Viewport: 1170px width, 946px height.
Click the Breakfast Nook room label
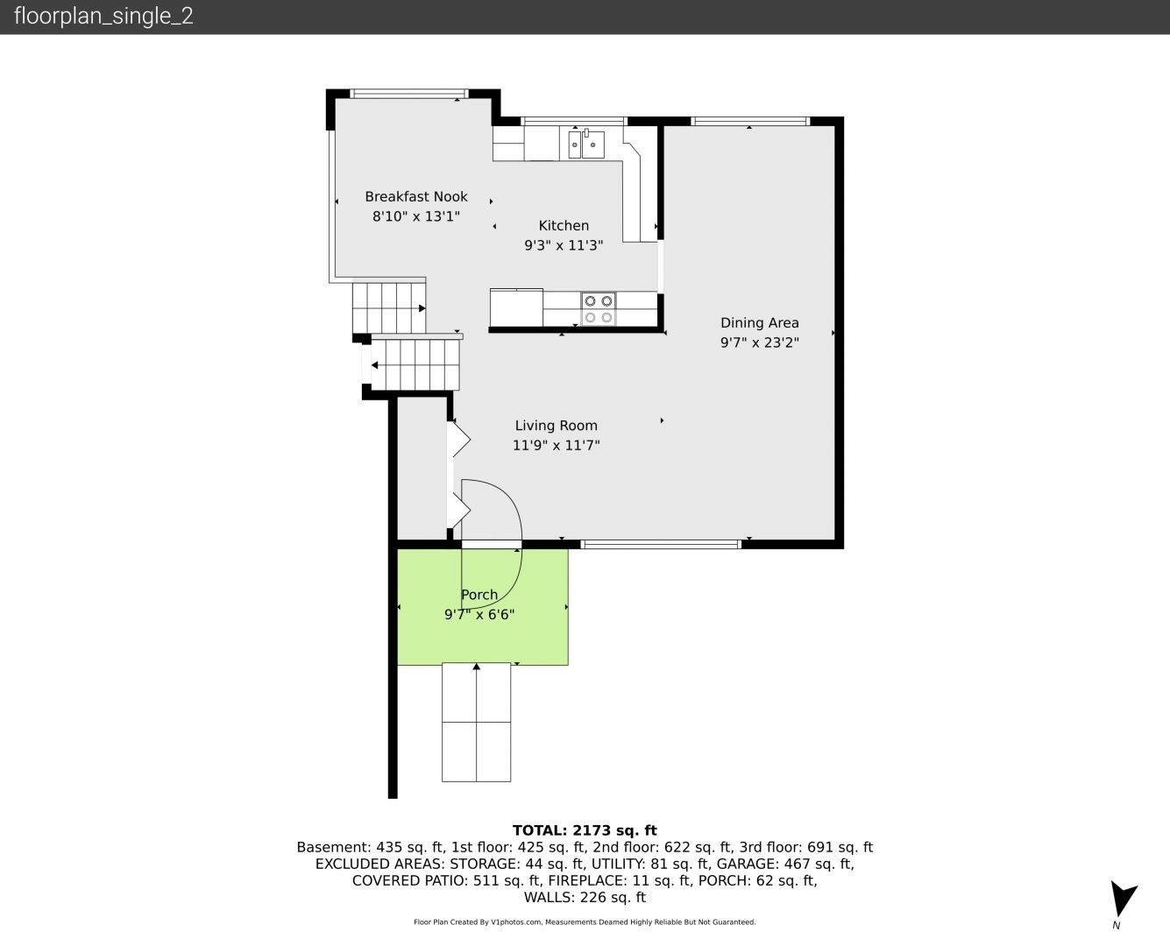[x=415, y=196]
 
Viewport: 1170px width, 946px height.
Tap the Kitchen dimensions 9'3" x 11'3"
[x=564, y=245]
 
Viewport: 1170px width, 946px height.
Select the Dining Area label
[x=759, y=323]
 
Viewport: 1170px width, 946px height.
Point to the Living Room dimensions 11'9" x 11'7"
[x=556, y=445]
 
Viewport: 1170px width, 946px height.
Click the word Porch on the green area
[x=479, y=595]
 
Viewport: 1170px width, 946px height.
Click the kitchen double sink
[x=586, y=144]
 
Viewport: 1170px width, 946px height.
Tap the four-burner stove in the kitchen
[x=599, y=308]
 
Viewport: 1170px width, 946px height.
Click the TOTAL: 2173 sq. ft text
[x=585, y=830]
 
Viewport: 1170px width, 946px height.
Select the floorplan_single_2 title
[x=103, y=17]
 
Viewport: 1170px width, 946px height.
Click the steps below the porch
[x=476, y=722]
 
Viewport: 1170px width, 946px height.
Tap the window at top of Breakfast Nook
[x=409, y=94]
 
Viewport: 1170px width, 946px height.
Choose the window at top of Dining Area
[x=750, y=122]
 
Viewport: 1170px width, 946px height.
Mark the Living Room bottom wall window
[x=661, y=544]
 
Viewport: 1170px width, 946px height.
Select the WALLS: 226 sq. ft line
[x=585, y=898]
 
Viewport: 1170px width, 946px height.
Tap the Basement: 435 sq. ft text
[x=372, y=847]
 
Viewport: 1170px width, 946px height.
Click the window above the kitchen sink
[x=573, y=122]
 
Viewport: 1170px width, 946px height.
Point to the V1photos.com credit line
[x=585, y=921]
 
